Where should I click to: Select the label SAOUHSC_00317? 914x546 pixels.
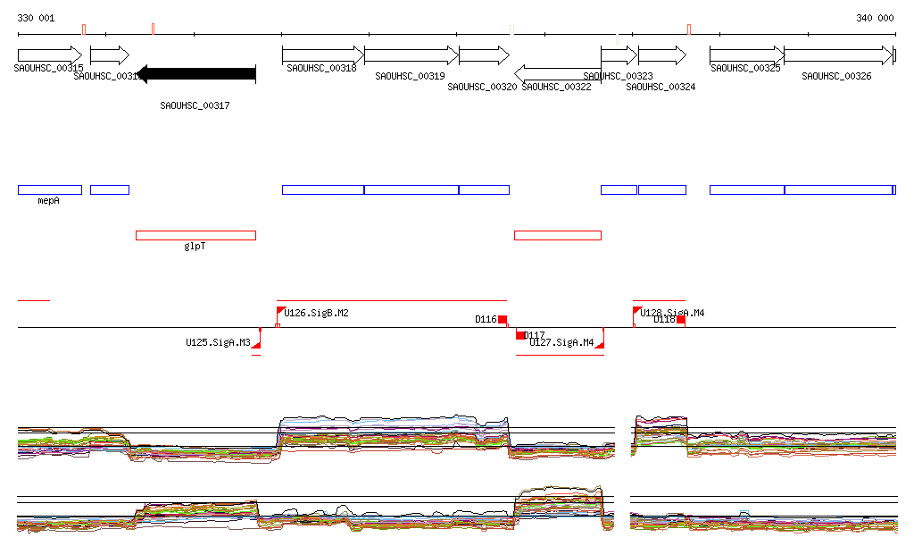coord(195,105)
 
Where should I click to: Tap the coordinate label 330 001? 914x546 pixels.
coord(36,18)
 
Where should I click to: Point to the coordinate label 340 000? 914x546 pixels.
coord(875,18)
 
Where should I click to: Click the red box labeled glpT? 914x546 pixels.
coord(195,235)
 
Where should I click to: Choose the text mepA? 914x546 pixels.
coord(48,201)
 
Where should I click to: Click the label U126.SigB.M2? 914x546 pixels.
coord(316,313)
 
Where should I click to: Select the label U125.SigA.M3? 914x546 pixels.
coord(218,342)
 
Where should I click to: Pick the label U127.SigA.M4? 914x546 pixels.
coord(561,342)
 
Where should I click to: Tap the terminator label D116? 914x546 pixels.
coord(486,319)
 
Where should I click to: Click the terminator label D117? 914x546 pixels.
coord(535,335)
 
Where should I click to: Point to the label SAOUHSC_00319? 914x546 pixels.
coord(410,77)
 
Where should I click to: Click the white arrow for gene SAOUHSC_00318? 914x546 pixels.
coord(322,55)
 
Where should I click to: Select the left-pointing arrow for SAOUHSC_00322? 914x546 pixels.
coord(557,72)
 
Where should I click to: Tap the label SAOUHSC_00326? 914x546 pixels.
coord(836,77)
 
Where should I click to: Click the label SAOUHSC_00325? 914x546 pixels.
coord(745,68)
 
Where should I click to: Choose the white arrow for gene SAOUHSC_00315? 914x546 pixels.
coord(49,55)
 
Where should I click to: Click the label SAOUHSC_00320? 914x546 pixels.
coord(482,88)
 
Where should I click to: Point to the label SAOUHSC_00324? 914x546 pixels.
coord(661,88)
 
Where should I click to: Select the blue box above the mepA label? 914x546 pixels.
coord(49,189)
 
